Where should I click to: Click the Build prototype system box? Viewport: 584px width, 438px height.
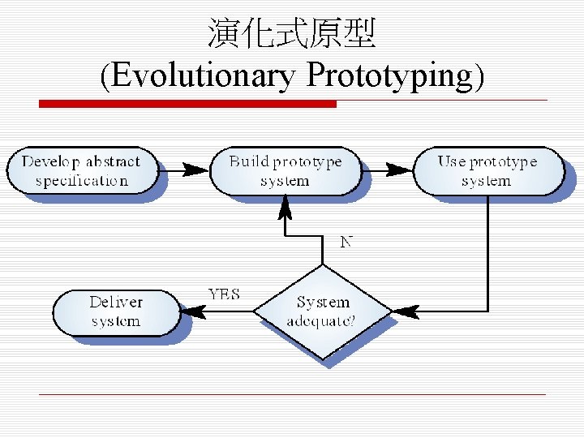pyautogui.click(x=285, y=170)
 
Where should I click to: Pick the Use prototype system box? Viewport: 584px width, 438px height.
pyautogui.click(x=487, y=170)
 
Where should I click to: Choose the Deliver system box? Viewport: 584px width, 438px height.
pyautogui.click(x=116, y=311)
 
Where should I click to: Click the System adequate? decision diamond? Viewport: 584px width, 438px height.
pyautogui.click(x=323, y=311)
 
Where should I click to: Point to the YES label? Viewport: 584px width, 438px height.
pyautogui.click(x=224, y=294)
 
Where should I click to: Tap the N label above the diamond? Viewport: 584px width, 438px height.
pyautogui.click(x=346, y=242)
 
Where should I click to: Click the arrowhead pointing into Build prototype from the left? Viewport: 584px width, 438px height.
pyautogui.click(x=195, y=170)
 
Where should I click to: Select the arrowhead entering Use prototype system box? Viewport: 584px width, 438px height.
pyautogui.click(x=399, y=170)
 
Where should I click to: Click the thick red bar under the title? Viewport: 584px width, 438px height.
pyautogui.click(x=187, y=104)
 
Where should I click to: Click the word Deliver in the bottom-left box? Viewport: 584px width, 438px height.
pyautogui.click(x=116, y=302)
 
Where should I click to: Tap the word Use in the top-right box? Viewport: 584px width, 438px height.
pyautogui.click(x=452, y=161)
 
